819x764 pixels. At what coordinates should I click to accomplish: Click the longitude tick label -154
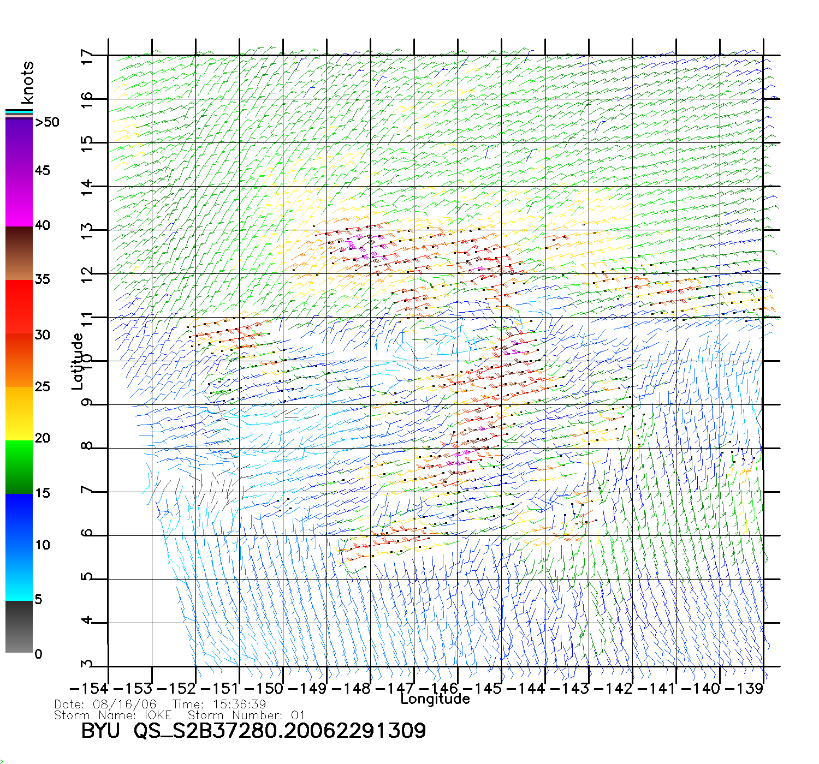89,689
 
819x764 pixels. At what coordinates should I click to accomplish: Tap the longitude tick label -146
438,689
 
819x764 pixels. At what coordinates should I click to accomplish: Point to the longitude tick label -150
264,689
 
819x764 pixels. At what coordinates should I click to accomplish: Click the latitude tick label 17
87,57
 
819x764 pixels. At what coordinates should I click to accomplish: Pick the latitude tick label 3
87,664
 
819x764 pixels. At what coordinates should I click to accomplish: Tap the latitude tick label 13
87,232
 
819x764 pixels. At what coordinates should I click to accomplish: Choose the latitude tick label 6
87,533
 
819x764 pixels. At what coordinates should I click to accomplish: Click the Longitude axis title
435,699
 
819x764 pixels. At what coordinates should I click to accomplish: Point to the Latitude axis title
78,361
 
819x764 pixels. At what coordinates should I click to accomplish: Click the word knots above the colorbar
27,82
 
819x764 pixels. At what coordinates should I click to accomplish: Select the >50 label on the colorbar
47,122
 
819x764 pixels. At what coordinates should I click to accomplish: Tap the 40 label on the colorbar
42,225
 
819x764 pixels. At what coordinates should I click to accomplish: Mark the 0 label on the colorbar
38,654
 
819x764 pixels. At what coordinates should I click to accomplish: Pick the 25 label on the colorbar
42,387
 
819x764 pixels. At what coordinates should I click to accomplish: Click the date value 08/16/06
125,705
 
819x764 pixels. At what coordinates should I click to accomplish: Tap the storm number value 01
298,715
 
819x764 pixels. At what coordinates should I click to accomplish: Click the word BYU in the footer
100,731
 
